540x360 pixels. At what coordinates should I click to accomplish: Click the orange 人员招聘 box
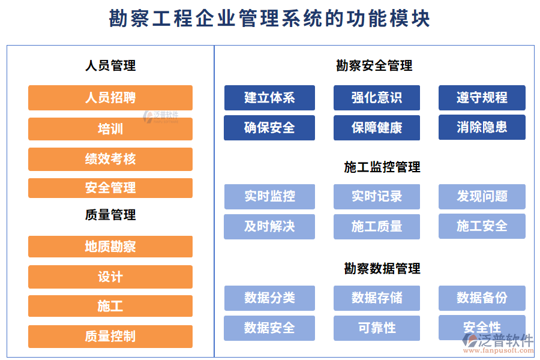tap(110, 98)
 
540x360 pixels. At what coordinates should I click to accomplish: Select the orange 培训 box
tap(110, 129)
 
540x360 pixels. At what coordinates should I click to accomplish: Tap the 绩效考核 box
tap(110, 159)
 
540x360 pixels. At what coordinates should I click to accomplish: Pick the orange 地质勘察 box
tap(110, 247)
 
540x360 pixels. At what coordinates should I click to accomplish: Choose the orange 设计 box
tap(110, 277)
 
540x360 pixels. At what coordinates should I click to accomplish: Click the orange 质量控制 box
tap(110, 337)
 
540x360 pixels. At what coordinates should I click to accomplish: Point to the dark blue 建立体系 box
tap(269, 98)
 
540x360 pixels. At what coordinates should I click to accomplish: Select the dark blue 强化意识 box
tap(377, 98)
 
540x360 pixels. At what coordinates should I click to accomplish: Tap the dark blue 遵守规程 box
tap(482, 98)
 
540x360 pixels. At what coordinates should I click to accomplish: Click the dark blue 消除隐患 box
tap(482, 127)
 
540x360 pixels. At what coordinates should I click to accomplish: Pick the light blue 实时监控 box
tap(269, 197)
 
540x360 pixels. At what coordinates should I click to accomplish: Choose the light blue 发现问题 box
tap(482, 197)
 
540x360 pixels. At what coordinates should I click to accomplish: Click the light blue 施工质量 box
tap(377, 227)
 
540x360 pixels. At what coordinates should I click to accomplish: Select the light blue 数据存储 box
tap(377, 298)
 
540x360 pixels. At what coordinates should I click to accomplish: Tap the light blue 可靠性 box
tap(377, 328)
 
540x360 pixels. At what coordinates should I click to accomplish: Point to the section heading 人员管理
tap(110, 65)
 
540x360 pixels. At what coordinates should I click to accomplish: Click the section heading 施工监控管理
tap(382, 167)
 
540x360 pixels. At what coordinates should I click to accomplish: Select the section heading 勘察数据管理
tap(382, 269)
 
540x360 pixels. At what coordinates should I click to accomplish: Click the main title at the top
tap(270, 19)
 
